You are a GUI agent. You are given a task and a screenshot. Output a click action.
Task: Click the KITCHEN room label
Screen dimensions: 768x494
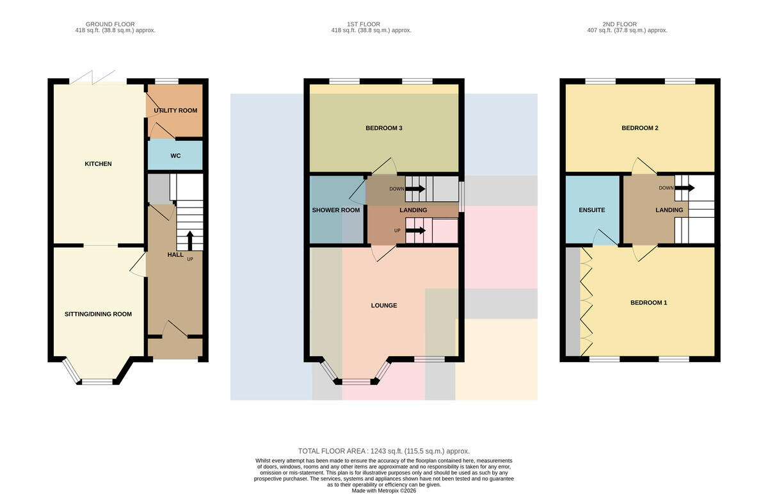pos(98,164)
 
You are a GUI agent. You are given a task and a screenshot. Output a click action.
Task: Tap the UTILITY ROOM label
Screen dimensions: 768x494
pos(175,111)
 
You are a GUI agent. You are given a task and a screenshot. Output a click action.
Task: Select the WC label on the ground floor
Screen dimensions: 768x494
pos(175,156)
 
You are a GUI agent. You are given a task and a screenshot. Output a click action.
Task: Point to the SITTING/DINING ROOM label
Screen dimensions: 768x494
pos(98,314)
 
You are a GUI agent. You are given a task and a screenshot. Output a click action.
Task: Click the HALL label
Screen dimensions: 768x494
pos(175,255)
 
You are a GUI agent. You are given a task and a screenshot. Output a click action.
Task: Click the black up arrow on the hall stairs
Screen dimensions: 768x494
pos(190,241)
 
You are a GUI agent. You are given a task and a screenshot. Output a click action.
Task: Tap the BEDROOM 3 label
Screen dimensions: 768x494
pos(384,128)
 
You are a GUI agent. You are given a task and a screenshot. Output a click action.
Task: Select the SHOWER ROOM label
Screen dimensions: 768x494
pos(336,210)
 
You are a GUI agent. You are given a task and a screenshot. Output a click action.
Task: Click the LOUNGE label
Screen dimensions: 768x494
pos(384,306)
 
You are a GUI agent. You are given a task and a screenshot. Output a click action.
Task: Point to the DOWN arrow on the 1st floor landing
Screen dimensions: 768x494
pos(415,189)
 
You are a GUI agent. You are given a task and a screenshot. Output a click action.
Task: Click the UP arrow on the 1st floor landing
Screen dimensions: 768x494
pos(415,231)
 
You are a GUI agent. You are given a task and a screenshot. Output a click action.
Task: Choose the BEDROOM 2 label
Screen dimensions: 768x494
pos(640,128)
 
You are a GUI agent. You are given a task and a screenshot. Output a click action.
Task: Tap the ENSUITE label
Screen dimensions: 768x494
pos(592,210)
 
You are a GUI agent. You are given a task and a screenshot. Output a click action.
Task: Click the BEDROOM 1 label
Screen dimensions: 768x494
pos(649,303)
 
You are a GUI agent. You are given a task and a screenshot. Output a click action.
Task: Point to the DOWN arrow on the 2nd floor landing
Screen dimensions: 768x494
pos(685,188)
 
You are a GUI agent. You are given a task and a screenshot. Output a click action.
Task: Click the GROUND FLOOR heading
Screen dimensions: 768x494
pos(110,24)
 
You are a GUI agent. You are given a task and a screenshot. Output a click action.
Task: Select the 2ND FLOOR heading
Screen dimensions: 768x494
pos(620,24)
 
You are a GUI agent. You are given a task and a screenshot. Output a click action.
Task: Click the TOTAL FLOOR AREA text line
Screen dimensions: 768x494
pos(383,451)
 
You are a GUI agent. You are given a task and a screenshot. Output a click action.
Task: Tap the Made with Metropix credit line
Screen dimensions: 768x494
pos(383,491)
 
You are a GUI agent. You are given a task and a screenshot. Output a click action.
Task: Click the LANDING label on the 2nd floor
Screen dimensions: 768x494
pos(669,210)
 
